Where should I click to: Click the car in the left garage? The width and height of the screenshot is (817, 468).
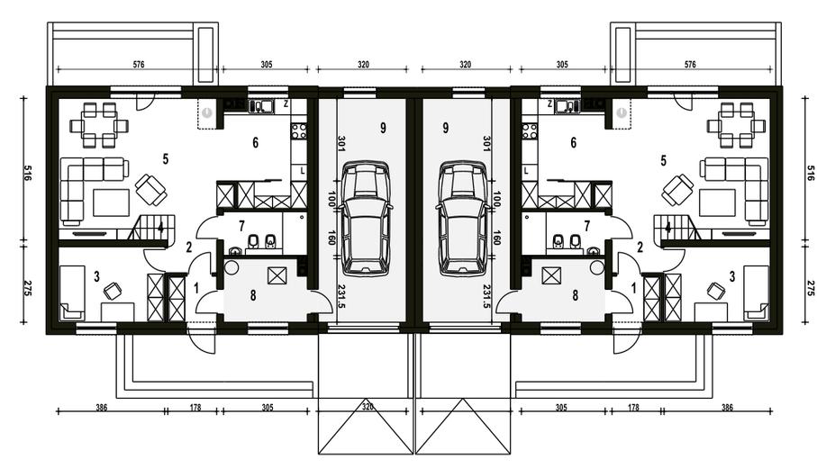coord(365,218)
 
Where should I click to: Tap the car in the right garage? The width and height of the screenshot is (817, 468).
coord(462,218)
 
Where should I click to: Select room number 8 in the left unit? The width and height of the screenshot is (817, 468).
coord(253,295)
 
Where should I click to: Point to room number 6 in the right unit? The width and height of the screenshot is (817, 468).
coord(574,142)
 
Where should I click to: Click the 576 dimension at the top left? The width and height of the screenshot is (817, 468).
coord(138,65)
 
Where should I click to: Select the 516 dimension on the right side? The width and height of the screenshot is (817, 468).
coord(810,173)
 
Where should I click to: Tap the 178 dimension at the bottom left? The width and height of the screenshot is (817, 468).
coord(195,408)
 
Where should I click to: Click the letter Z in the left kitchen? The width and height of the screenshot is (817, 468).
coord(286,104)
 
